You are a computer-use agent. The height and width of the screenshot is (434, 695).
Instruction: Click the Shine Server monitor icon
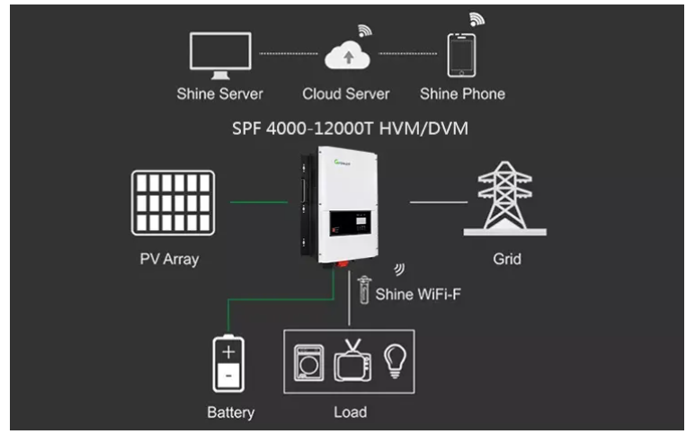(x=220, y=55)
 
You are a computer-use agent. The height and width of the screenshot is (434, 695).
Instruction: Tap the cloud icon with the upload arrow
(x=347, y=55)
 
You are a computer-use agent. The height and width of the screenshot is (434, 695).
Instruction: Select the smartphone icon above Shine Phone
(x=461, y=56)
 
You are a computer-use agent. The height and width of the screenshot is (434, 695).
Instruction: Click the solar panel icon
(x=173, y=203)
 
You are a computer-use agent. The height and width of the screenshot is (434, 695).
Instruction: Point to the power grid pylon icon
(x=505, y=199)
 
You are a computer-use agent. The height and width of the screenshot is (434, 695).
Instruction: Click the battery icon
(x=228, y=363)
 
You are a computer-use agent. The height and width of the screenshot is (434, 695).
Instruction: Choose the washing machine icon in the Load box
(x=309, y=363)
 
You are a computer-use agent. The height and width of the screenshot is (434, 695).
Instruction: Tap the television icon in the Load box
(x=352, y=360)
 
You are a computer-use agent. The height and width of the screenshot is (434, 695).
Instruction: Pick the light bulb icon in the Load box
(x=395, y=361)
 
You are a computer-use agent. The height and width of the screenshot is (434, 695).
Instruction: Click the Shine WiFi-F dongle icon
(x=364, y=289)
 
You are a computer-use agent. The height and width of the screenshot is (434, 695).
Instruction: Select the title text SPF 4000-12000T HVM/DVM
(x=350, y=128)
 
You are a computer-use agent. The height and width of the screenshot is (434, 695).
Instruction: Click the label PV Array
(x=169, y=259)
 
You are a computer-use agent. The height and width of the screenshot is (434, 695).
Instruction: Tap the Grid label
(x=507, y=259)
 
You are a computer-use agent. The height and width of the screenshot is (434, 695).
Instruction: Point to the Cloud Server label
(x=346, y=93)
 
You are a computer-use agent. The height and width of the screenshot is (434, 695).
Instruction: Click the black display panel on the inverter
(x=350, y=223)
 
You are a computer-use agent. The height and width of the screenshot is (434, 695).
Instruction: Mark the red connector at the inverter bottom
(x=343, y=264)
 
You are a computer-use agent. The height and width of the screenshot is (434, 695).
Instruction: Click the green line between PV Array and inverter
(x=259, y=202)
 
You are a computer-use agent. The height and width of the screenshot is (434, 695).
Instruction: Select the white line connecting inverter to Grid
(x=439, y=202)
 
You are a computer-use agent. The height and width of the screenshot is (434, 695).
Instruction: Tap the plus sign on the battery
(x=228, y=352)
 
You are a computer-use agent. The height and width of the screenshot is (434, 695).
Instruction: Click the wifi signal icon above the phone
(x=477, y=19)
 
